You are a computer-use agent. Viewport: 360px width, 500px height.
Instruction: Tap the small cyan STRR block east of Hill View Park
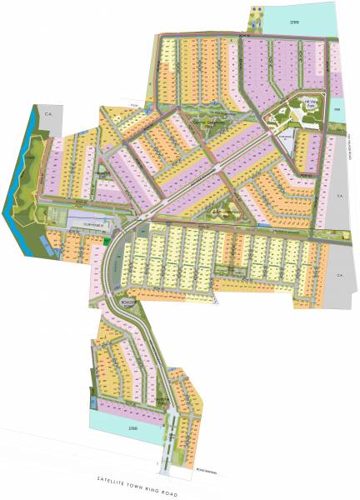pyautogui.click(x=337, y=109)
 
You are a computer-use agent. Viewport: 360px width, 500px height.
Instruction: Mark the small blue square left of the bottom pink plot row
pyautogui.click(x=88, y=403)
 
